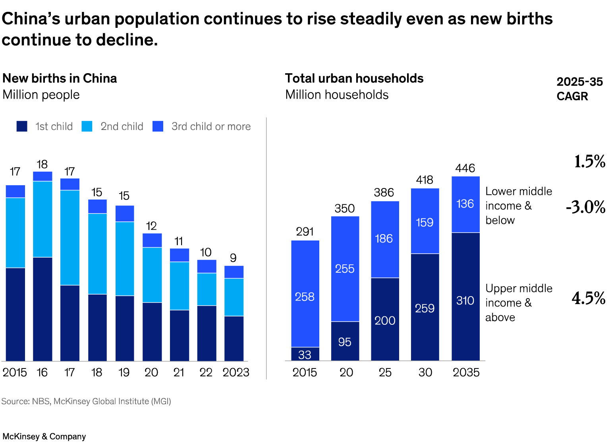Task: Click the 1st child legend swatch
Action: (22, 126)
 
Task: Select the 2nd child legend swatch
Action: (87, 126)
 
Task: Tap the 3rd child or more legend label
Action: (211, 126)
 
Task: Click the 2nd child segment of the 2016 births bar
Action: (42, 219)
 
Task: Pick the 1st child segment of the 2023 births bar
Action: (234, 338)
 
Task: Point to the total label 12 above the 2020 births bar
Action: (151, 226)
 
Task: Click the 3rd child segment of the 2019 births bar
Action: (125, 213)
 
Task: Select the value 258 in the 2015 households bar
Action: (305, 297)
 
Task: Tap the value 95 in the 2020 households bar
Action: (345, 342)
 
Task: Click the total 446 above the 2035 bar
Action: (465, 168)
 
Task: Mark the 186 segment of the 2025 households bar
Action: (384, 239)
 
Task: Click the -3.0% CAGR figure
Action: (586, 207)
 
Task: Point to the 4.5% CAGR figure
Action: (589, 298)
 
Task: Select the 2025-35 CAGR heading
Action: (579, 89)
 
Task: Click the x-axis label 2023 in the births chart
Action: (236, 372)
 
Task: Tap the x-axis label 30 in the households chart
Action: (425, 372)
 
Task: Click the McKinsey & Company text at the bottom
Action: (44, 436)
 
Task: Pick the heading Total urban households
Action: (354, 78)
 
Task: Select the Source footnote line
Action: (86, 401)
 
